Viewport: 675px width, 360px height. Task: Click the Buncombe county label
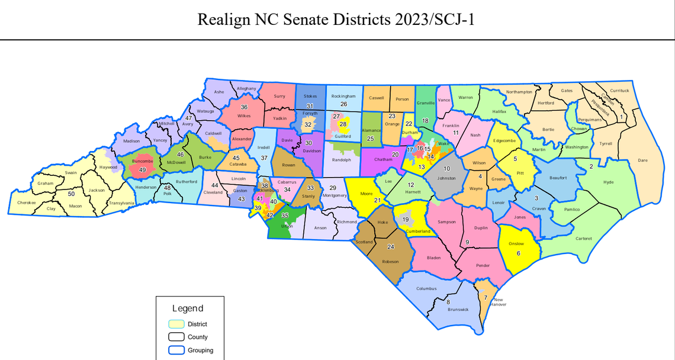tap(142, 160)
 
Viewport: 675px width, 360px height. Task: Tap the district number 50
tap(71, 194)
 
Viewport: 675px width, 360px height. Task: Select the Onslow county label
tap(516, 243)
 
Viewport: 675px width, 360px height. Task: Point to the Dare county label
tap(642, 160)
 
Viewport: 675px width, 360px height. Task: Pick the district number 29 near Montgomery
tap(332, 188)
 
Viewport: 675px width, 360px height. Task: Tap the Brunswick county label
tap(458, 309)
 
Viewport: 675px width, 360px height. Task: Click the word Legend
tap(188, 308)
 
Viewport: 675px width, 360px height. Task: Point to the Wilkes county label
tap(244, 116)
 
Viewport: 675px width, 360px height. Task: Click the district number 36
tap(244, 107)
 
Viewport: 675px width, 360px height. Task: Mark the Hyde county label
tap(608, 182)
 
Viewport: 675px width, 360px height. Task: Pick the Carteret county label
tap(583, 239)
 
